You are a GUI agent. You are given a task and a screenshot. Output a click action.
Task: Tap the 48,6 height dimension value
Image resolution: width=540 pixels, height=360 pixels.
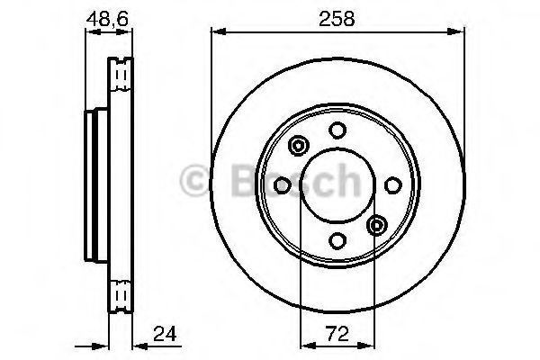[106, 16]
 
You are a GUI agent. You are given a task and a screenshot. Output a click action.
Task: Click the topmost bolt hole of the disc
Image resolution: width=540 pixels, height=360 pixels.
[337, 130]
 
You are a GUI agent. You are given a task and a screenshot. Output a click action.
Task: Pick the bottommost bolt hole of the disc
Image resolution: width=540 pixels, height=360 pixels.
[337, 240]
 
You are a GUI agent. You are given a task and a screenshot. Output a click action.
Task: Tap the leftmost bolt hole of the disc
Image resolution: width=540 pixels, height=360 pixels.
[282, 185]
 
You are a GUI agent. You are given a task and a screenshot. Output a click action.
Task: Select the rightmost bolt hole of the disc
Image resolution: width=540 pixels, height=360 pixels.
[391, 185]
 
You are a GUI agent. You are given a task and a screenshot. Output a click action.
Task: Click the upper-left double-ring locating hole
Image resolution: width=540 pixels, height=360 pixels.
[298, 145]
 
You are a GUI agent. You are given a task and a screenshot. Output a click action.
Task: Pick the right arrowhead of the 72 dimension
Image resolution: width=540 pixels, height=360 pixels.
[372, 345]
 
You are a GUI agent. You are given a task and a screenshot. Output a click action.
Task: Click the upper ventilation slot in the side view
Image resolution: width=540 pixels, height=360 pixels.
[120, 76]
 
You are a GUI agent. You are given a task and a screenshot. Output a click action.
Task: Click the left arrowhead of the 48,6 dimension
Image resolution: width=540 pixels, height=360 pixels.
[88, 33]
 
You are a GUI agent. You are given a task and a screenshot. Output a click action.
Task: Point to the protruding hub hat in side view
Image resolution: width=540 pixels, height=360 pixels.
[91, 185]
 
